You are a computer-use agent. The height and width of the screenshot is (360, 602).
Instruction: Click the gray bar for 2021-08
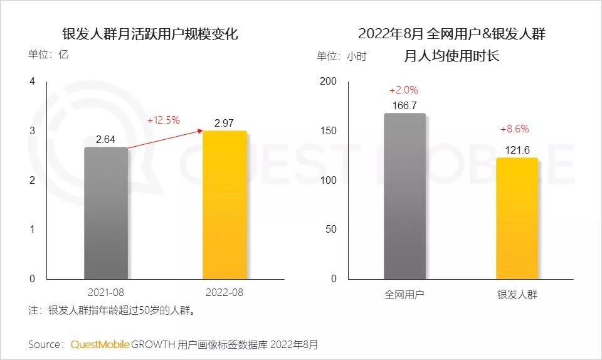tap(105, 213)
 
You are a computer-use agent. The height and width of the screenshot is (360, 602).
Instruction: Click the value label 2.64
tap(105, 139)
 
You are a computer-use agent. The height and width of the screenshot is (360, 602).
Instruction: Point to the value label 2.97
tap(224, 123)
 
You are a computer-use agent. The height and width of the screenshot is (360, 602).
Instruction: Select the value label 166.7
tap(404, 105)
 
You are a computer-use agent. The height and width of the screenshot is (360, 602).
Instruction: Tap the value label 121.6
tap(517, 150)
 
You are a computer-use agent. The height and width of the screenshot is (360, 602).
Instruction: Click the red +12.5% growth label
tap(164, 120)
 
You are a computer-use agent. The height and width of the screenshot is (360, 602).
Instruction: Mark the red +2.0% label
tap(403, 90)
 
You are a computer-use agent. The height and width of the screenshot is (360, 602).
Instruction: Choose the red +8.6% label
tap(514, 129)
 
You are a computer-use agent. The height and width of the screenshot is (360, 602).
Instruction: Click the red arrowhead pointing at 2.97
tap(200, 130)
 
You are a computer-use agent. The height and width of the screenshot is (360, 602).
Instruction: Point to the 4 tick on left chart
tap(33, 82)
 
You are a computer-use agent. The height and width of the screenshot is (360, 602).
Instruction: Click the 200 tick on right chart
tap(328, 82)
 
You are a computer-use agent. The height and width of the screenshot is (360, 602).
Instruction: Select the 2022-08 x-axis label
tap(224, 293)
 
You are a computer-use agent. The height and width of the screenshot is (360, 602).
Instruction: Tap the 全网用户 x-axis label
tap(404, 294)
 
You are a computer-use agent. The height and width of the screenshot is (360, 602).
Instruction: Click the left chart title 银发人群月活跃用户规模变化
tap(150, 34)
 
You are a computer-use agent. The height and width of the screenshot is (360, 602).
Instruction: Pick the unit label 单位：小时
tap(341, 56)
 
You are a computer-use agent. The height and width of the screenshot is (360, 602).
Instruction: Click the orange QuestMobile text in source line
tap(100, 344)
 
